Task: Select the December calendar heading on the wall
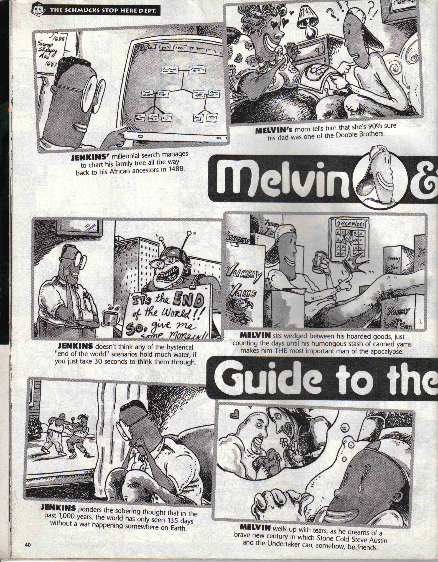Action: pos(351,224)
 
